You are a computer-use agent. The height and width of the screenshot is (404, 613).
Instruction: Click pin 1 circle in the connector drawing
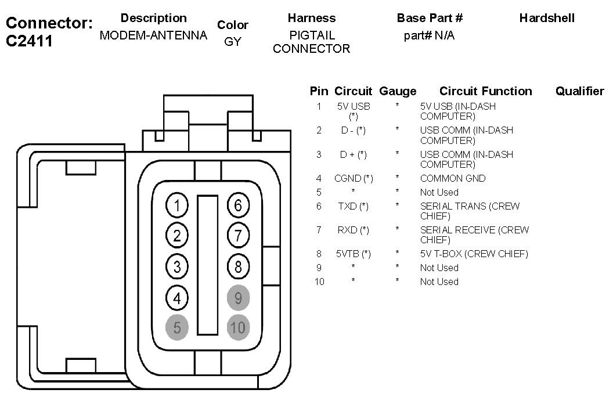177,205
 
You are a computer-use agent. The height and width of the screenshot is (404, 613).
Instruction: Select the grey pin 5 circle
177,327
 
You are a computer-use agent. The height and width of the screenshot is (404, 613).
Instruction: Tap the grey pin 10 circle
238,327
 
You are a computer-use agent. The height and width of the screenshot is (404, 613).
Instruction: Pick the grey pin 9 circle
238,298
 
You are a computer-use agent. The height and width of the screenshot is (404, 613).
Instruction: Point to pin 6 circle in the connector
238,205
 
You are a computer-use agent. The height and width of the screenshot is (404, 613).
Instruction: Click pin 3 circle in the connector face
177,266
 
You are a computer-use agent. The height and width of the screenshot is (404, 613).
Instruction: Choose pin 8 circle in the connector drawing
238,266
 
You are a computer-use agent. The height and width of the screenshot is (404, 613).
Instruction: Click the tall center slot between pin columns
208,265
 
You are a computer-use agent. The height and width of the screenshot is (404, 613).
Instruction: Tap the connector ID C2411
30,41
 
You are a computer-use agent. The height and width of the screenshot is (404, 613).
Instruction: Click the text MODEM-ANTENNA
153,35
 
